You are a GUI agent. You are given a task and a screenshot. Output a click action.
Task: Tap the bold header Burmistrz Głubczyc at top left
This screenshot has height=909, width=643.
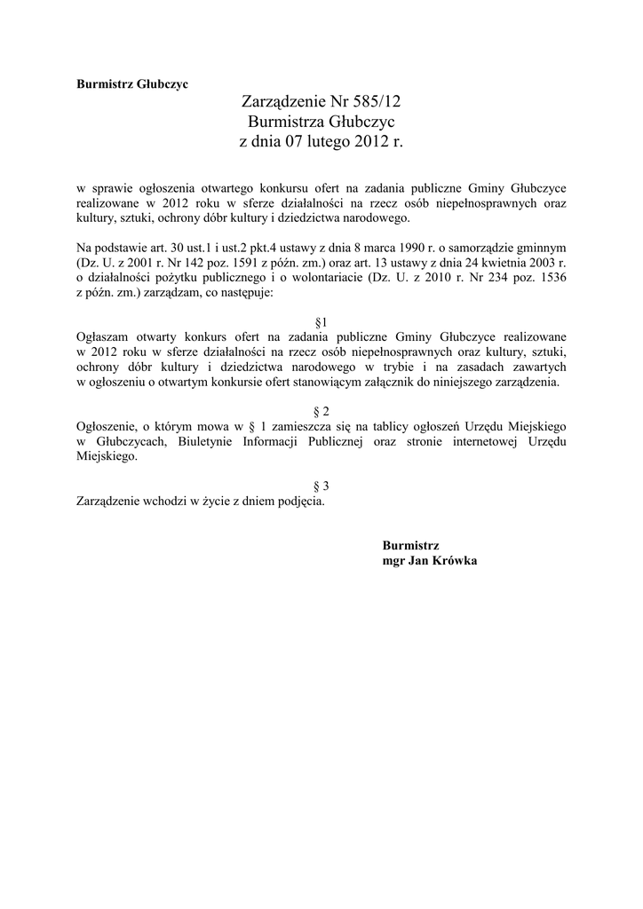point(132,84)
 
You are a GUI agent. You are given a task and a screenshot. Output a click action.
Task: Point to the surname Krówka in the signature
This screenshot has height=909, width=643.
point(455,561)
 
